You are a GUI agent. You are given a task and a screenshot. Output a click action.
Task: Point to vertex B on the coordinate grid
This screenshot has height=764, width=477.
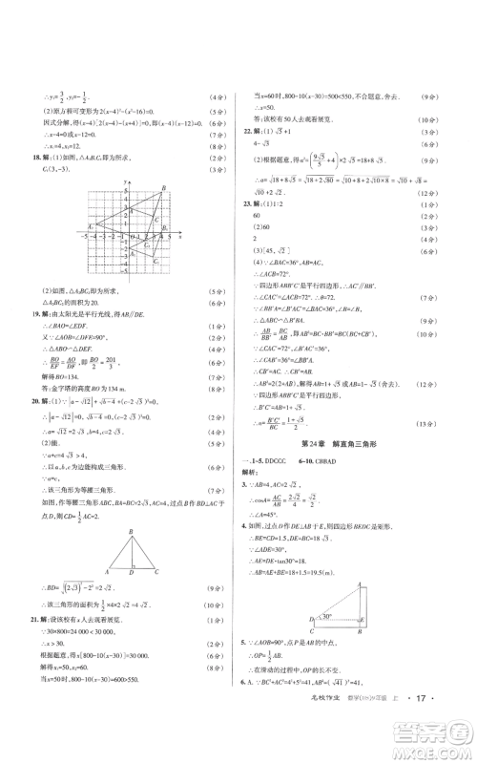point(165,188)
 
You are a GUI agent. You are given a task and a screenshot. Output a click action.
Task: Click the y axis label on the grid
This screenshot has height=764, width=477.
point(124,181)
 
